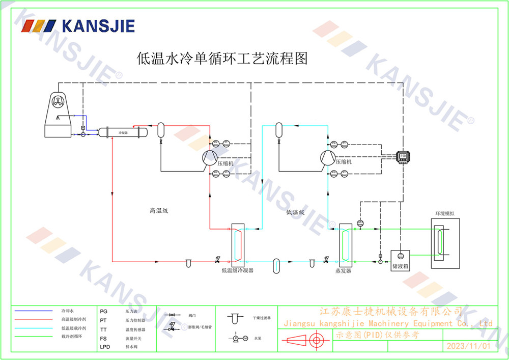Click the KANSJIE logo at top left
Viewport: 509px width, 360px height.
(x=79, y=26)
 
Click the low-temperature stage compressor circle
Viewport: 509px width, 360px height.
(x=327, y=158)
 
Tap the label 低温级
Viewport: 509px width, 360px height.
(x=295, y=212)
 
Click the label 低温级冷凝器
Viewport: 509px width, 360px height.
(x=237, y=270)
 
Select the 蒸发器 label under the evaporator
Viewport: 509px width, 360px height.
(x=343, y=270)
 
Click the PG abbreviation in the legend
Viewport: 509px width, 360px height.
(x=104, y=310)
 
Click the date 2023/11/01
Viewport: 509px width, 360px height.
(x=468, y=346)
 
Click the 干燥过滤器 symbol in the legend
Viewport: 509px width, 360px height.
(x=234, y=319)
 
